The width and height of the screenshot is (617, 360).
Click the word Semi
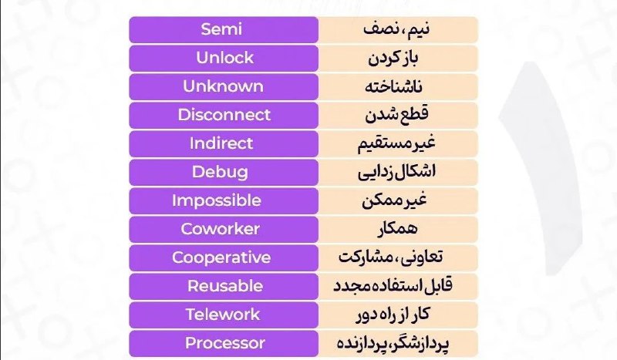pyautogui.click(x=221, y=29)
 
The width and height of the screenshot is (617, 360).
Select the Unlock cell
pyautogui.click(x=224, y=59)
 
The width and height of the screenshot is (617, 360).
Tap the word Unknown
pyautogui.click(x=223, y=86)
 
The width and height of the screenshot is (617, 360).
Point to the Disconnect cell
pyautogui.click(x=224, y=116)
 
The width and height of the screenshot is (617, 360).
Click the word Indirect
pyautogui.click(x=221, y=143)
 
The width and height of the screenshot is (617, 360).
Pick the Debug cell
pyautogui.click(x=224, y=173)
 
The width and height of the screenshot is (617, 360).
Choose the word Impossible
pyautogui.click(x=217, y=200)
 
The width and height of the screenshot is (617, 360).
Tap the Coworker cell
pyautogui.click(x=224, y=230)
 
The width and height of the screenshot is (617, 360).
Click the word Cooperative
pyautogui.click(x=221, y=257)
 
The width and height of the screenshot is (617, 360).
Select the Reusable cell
pyautogui.click(x=224, y=287)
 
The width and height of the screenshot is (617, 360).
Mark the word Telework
pyautogui.click(x=223, y=315)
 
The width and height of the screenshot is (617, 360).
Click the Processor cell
pyautogui.click(x=224, y=344)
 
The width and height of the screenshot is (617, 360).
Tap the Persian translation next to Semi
pyautogui.click(x=396, y=29)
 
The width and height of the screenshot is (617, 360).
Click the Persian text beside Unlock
pyautogui.click(x=393, y=59)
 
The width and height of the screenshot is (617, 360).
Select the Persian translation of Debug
pyautogui.click(x=396, y=173)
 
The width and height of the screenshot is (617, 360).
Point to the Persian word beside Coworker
pyautogui.click(x=397, y=229)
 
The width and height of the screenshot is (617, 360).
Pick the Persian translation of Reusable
pyautogui.click(x=393, y=286)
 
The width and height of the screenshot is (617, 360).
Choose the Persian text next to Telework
pyautogui.click(x=393, y=315)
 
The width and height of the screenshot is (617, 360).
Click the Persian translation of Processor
pyautogui.click(x=393, y=344)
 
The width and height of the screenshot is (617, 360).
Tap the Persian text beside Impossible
pyautogui.click(x=394, y=200)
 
